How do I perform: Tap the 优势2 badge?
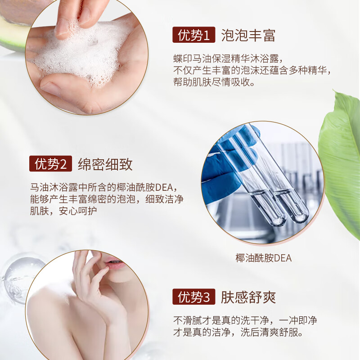(50, 164)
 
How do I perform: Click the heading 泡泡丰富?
(248, 36)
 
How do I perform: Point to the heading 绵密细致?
(105, 164)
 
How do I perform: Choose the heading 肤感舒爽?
(248, 297)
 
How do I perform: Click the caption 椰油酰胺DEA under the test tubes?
(263, 258)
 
